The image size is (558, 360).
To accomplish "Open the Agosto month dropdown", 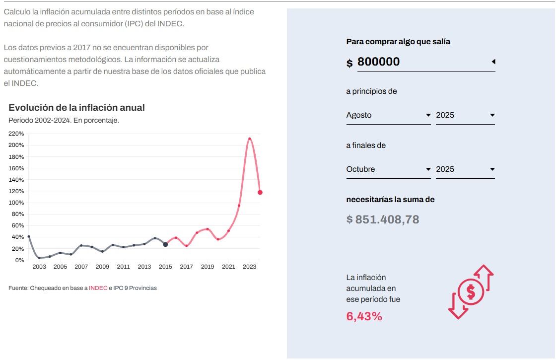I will (x=388, y=115).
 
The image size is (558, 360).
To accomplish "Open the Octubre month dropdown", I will (x=388, y=169).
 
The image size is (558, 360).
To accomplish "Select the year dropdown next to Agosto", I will (x=465, y=115).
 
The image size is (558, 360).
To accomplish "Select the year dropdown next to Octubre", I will (x=465, y=169).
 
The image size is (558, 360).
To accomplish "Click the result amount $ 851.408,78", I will (x=383, y=219).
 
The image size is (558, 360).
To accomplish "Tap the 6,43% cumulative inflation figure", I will (x=364, y=316).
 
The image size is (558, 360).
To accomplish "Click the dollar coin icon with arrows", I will (x=471, y=292).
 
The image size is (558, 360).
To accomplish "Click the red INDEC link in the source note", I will (x=98, y=288).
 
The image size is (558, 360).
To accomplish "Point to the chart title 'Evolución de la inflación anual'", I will (x=76, y=108).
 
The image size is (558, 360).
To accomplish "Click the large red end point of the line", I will (x=260, y=193).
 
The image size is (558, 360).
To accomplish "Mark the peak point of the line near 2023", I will (x=249, y=139).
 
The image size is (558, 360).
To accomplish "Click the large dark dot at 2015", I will (x=165, y=244).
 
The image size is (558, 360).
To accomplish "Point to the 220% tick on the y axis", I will (x=17, y=134).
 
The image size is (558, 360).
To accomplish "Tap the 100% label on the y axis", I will (x=17, y=203).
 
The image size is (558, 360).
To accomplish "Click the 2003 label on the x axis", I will (x=39, y=267).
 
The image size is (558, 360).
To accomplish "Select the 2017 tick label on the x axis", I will (x=187, y=267).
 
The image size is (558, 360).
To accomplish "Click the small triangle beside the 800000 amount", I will (x=493, y=62).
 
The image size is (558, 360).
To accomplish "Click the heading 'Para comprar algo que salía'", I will (x=398, y=42).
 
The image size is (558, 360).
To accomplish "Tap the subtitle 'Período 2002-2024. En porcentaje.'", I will (x=64, y=120).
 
